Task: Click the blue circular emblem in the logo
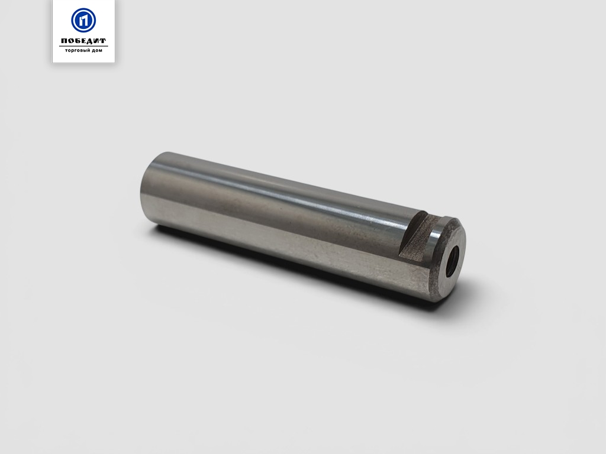pyautogui.click(x=83, y=20)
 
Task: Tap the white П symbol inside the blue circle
pyautogui.click(x=83, y=20)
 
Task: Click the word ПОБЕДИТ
pyautogui.click(x=83, y=41)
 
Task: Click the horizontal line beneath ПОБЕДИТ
pyautogui.click(x=83, y=46)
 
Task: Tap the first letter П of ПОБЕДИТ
pyautogui.click(x=65, y=41)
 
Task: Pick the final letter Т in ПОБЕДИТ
pyautogui.click(x=102, y=41)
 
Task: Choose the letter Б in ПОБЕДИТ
pyautogui.click(x=78, y=41)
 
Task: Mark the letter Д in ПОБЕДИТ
pyautogui.click(x=89, y=41)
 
